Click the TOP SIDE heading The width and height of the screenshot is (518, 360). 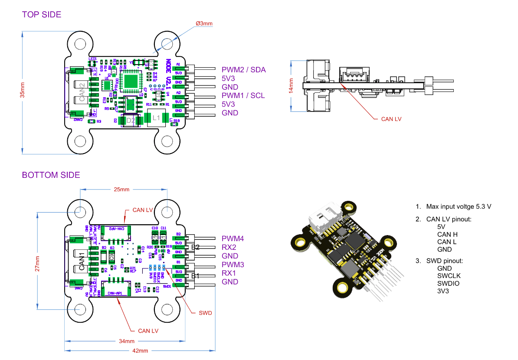click(42, 14)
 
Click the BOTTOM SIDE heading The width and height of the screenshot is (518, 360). click(51, 175)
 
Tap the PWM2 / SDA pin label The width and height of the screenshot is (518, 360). click(243, 69)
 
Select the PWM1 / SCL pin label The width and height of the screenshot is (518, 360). click(243, 95)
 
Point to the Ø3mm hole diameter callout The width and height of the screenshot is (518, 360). click(204, 23)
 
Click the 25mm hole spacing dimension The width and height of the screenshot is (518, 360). click(121, 190)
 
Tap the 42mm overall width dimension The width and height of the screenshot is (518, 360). click(140, 350)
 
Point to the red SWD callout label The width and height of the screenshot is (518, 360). click(205, 313)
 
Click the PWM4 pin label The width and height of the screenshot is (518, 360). click(233, 239)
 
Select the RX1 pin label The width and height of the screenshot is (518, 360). click(229, 273)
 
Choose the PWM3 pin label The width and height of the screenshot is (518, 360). click(233, 265)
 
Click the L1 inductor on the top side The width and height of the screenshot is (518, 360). click(157, 118)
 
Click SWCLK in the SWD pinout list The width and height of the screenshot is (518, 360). click(449, 276)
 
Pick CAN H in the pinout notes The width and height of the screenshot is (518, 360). click(447, 234)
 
